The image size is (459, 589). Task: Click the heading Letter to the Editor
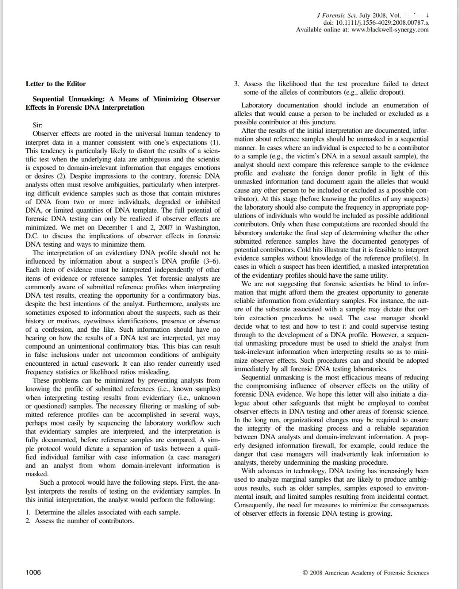56,84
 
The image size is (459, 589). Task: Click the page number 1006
34,572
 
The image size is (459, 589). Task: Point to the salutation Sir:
37,125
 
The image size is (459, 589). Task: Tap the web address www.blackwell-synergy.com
390,30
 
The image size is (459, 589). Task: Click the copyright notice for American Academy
366,573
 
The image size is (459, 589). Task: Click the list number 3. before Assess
237,84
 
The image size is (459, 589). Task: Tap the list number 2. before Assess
28,521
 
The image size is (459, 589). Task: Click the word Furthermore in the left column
169,304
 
